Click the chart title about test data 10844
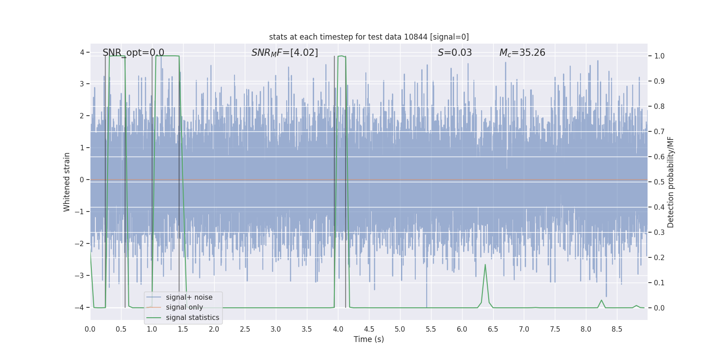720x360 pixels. point(369,37)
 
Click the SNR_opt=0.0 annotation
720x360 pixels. point(133,53)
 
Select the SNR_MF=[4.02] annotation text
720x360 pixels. point(284,53)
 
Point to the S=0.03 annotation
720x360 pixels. point(454,53)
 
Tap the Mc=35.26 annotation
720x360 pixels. point(522,53)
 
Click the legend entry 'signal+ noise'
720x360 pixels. point(189,297)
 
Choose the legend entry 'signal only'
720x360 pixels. point(184,307)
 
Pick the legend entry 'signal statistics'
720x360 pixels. point(192,318)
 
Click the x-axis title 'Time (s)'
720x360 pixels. point(369,339)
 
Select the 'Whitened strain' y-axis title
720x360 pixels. point(67,182)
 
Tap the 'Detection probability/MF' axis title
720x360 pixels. point(670,182)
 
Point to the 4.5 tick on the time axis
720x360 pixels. point(369,329)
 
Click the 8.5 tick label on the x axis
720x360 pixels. point(617,329)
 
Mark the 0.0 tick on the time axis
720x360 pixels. point(90,329)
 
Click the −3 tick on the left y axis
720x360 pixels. point(81,275)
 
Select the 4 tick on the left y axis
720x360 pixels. point(82,52)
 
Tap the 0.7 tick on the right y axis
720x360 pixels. point(659,131)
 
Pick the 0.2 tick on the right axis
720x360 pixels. point(659,257)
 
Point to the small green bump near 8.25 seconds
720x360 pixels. point(601,300)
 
